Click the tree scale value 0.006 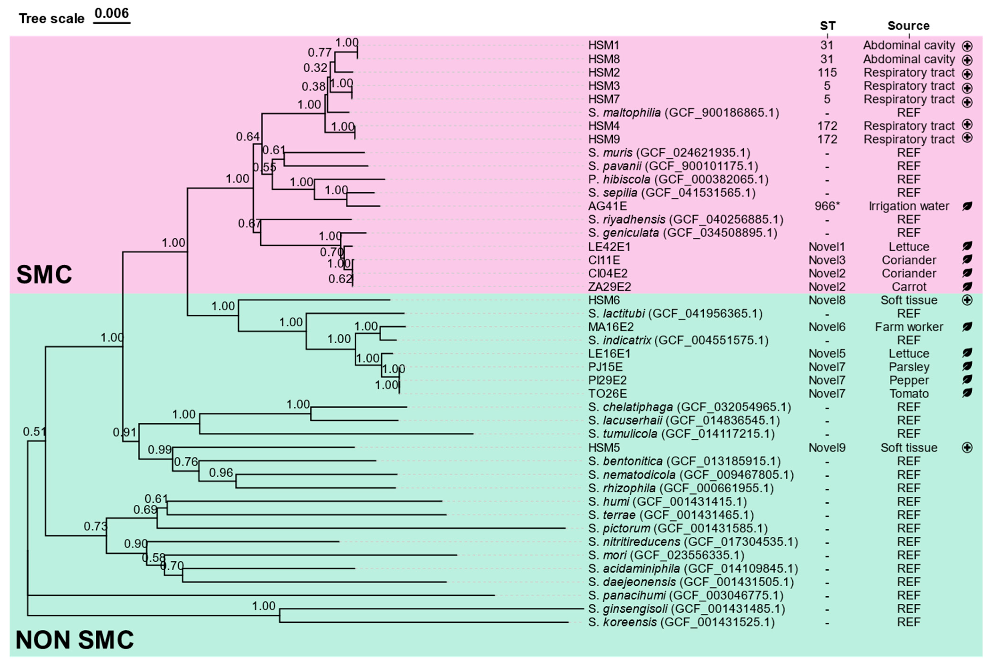pos(112,13)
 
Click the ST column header pos(827,26)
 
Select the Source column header pos(908,26)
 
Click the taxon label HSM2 pos(604,73)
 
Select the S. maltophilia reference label pos(683,113)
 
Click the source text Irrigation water pos(909,206)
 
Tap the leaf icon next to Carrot pos(967,287)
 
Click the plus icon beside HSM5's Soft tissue pos(967,448)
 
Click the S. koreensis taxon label pos(681,622)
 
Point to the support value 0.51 pos(34,432)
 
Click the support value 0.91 pos(124,433)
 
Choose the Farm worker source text pos(909,327)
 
